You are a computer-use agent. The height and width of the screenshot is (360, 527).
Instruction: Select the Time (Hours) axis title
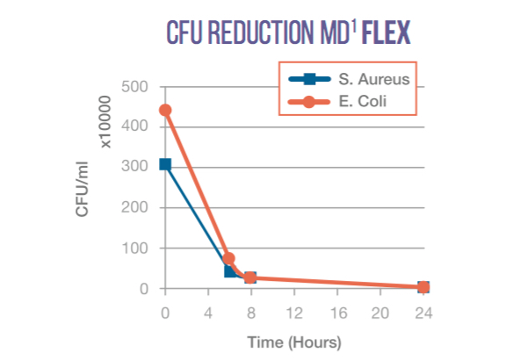293,342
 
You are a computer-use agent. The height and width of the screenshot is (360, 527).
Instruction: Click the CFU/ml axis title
83,189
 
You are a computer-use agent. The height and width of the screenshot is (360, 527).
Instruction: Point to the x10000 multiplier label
107,122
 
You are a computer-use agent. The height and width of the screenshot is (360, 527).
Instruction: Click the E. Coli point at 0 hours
165,111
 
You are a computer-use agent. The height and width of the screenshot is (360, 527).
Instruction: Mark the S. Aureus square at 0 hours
165,164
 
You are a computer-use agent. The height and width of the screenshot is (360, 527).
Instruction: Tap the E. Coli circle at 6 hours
229,259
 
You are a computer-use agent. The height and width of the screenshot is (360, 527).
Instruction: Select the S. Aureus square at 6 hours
230,271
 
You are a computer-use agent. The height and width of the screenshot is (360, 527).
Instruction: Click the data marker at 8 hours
250,277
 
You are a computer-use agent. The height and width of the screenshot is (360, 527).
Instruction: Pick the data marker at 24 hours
423,287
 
